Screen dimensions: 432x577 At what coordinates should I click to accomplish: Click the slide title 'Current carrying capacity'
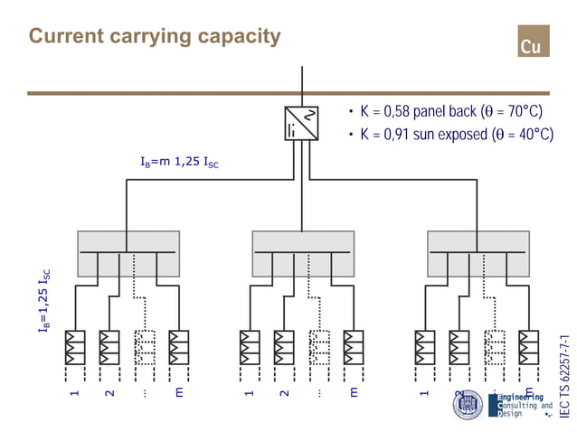coord(155,36)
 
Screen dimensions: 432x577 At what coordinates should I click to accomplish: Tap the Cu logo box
coord(533,45)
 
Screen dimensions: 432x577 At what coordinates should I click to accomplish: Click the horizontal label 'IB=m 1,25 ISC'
coord(179,163)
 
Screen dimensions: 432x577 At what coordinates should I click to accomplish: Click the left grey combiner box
coord(128,253)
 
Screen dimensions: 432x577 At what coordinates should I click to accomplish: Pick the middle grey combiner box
coord(303,253)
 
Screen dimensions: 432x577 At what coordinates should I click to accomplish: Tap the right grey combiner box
coord(478,253)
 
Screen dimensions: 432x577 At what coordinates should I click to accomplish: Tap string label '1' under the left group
coord(75,394)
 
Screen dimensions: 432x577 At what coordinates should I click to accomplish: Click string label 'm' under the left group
coord(179,393)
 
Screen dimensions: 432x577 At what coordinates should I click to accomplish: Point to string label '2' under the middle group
coord(284,394)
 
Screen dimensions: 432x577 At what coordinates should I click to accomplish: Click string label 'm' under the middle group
coord(354,393)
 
